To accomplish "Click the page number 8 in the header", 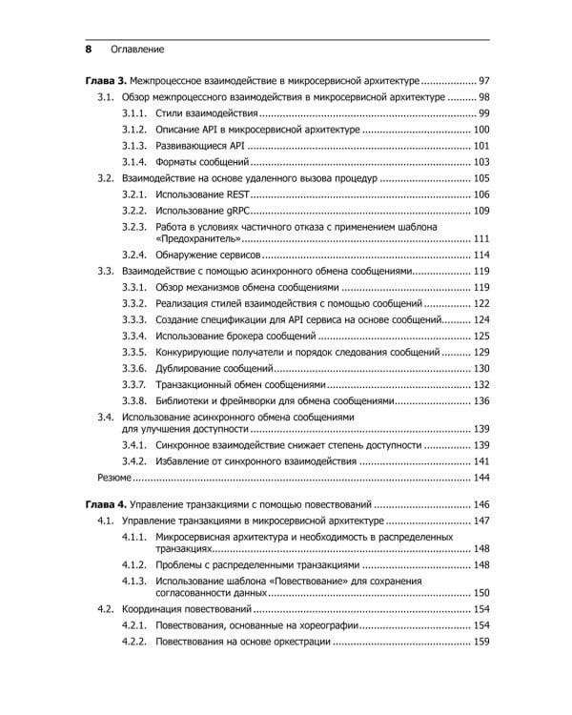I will (88, 48).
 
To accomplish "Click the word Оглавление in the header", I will (137, 48).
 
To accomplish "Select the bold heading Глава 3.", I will (99, 81).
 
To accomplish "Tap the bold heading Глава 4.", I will (99, 504).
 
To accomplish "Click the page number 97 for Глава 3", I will (483, 81).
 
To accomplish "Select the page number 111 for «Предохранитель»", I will (480, 238).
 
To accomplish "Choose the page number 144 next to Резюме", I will (480, 477).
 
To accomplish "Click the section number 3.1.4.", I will (134, 162).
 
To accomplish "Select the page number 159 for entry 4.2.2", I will (480, 642).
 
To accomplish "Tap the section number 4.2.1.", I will (134, 625).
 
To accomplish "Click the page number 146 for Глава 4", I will (480, 504).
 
